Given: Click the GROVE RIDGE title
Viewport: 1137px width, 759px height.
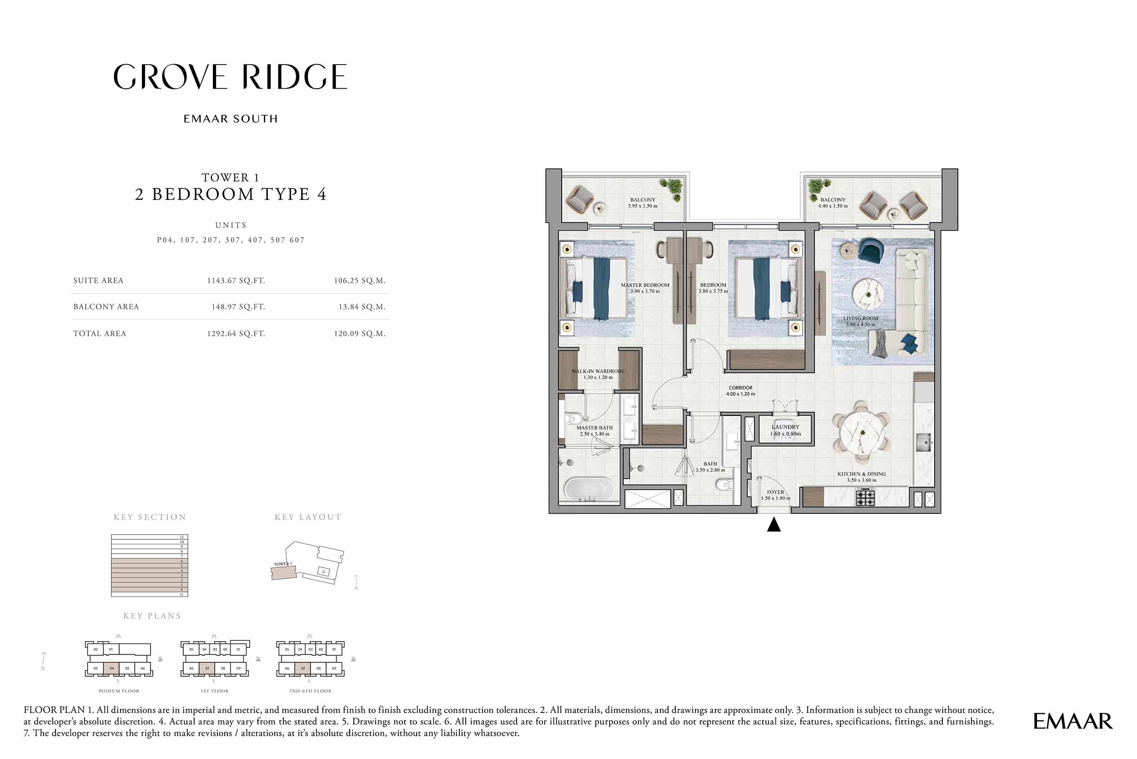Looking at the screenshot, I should click(230, 77).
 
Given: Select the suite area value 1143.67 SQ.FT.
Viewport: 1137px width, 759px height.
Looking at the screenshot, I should click(236, 281).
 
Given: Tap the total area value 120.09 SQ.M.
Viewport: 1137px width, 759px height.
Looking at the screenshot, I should click(359, 334).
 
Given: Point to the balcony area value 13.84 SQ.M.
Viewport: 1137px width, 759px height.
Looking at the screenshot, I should click(362, 307).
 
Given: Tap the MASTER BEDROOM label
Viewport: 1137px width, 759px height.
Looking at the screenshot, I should click(645, 285).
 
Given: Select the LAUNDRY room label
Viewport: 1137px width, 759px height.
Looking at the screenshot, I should click(785, 427).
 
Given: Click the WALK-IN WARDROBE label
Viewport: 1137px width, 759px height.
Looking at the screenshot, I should click(598, 371).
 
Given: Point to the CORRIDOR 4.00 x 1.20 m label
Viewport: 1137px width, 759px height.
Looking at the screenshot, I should click(740, 390).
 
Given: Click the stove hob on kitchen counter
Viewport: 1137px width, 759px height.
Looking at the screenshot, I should click(865, 497).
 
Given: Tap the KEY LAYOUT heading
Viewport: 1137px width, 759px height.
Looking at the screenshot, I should click(308, 517).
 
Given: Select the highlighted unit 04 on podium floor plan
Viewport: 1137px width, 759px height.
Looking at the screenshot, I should click(111, 668).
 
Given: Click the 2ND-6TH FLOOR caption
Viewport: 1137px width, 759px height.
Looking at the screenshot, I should click(310, 691).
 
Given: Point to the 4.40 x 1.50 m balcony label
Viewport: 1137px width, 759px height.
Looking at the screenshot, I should click(833, 206).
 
